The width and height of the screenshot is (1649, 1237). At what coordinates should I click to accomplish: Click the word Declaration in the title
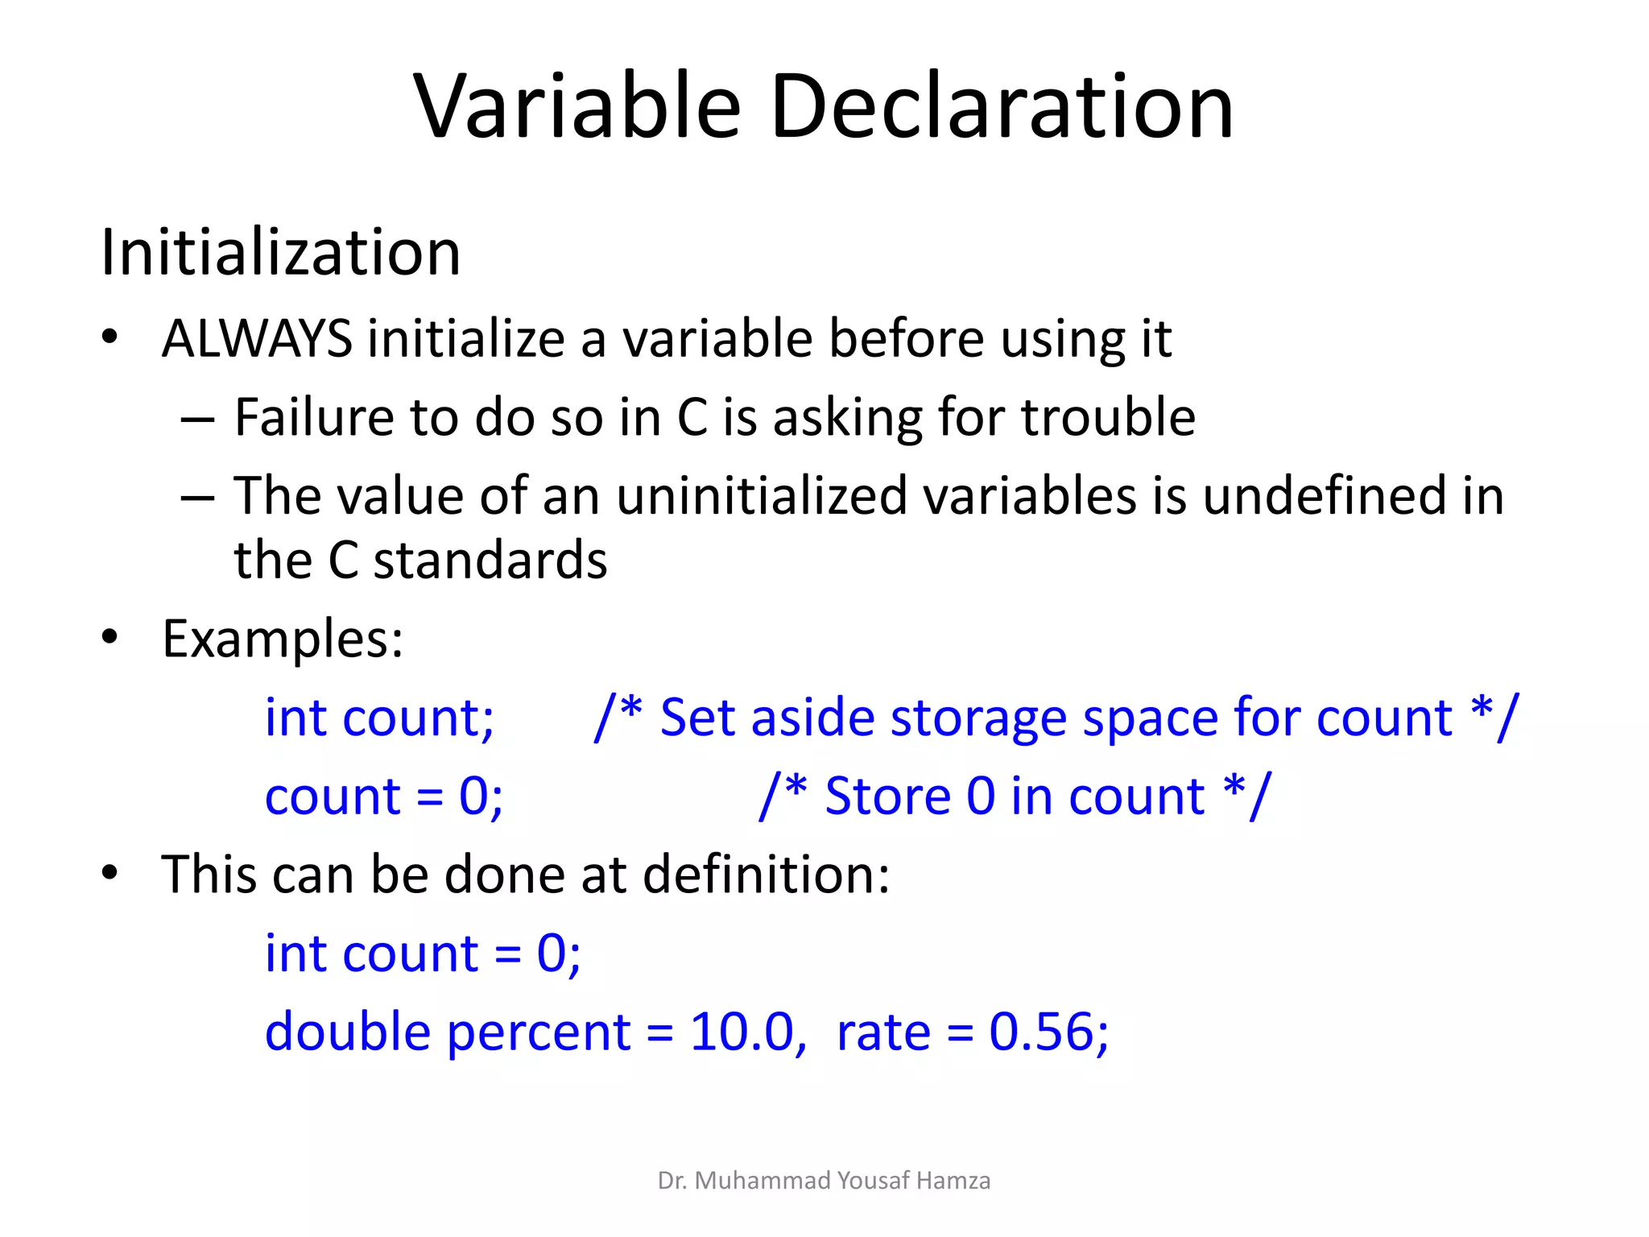click(x=1002, y=106)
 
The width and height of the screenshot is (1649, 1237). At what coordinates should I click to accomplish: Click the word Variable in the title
click(x=577, y=106)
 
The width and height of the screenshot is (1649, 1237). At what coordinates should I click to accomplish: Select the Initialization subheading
click(x=280, y=253)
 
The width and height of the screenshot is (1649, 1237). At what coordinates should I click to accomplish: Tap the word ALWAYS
click(x=257, y=338)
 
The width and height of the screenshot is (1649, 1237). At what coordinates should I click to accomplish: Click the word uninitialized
click(x=762, y=495)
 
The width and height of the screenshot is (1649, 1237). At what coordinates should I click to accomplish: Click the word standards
click(x=490, y=561)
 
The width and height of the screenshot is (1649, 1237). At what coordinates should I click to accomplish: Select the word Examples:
click(x=283, y=639)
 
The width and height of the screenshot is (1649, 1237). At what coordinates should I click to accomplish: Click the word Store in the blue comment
click(x=888, y=796)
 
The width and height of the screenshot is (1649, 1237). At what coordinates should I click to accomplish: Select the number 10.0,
click(x=748, y=1032)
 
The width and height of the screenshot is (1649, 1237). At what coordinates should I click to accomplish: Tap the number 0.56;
click(x=1048, y=1032)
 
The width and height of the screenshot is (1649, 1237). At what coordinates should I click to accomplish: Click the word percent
click(x=539, y=1032)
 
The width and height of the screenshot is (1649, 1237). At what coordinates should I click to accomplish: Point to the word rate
click(x=883, y=1032)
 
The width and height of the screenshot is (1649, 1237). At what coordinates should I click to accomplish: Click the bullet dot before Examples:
click(x=110, y=638)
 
